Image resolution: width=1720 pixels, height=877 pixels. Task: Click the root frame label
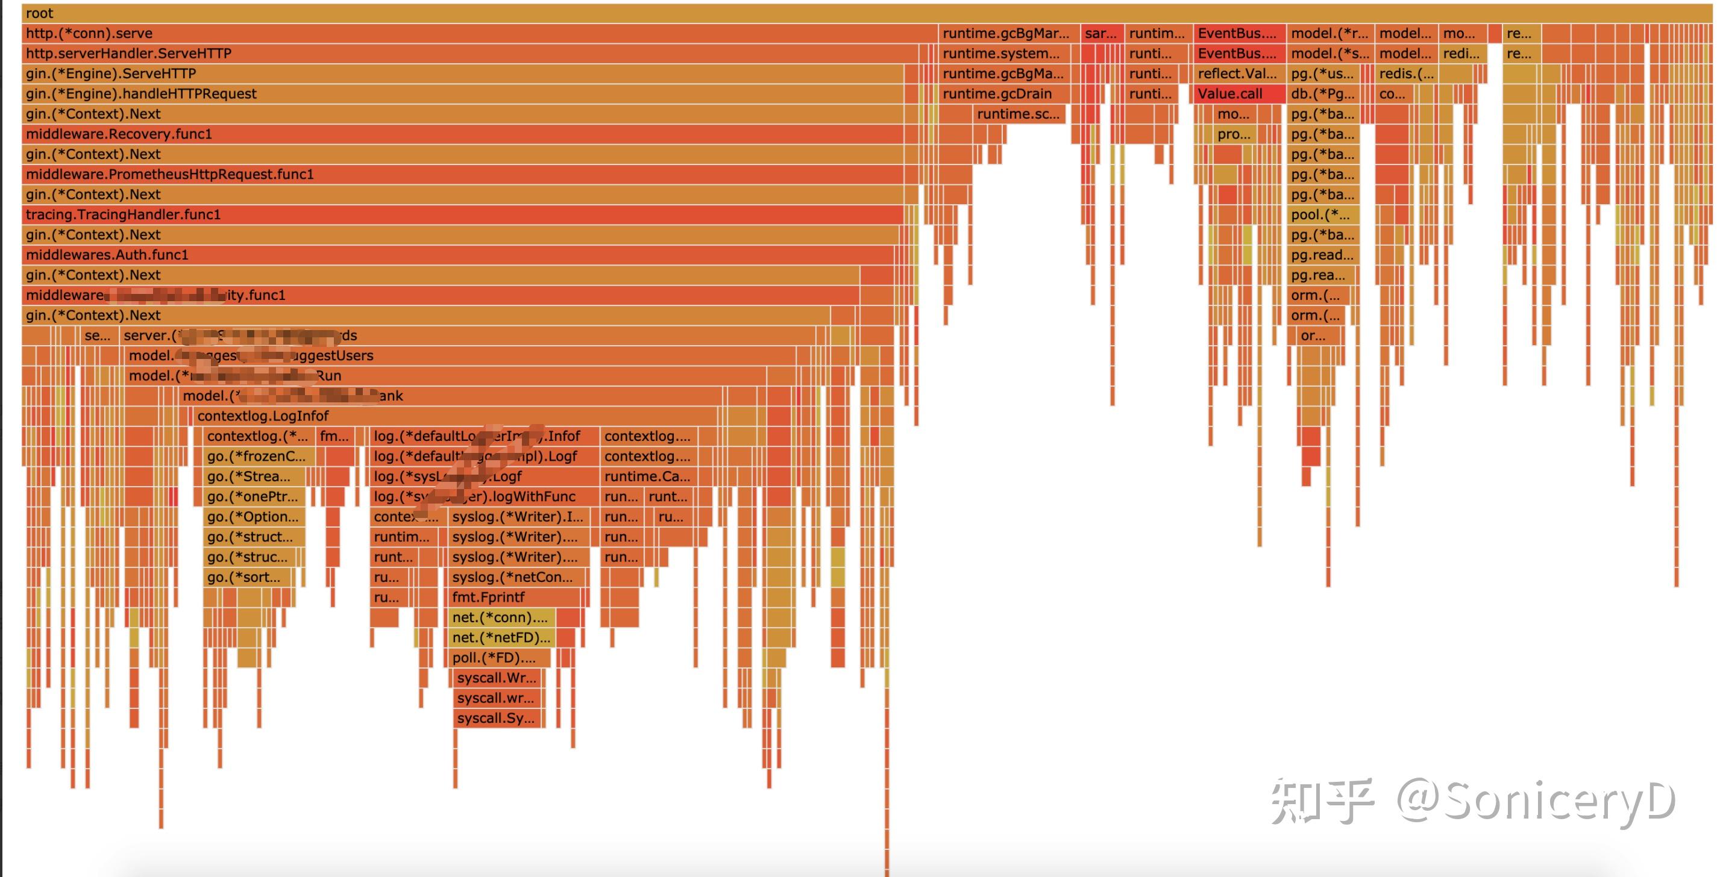(x=40, y=13)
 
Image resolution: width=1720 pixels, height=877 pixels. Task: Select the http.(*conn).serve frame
(x=89, y=33)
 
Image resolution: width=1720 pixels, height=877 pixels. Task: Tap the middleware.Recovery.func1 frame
(x=119, y=134)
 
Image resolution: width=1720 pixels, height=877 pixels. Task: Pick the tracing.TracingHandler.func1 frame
(x=123, y=215)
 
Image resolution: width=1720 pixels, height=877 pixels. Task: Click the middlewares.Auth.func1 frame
(x=107, y=255)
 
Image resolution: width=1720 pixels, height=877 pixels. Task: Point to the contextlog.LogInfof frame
(x=263, y=416)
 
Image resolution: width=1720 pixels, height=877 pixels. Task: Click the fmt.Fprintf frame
(x=489, y=598)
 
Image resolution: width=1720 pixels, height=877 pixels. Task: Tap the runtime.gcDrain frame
(x=997, y=94)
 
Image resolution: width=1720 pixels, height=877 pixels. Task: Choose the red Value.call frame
(x=1230, y=94)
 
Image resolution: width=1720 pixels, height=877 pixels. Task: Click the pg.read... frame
(x=1322, y=255)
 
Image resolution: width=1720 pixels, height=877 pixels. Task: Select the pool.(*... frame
(x=1320, y=215)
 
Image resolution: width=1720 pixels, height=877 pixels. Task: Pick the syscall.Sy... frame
(x=495, y=719)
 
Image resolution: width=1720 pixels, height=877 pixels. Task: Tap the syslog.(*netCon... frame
(x=512, y=577)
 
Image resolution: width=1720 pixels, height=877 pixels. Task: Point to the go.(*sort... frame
(x=243, y=577)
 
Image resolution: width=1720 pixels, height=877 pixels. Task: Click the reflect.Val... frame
(x=1237, y=74)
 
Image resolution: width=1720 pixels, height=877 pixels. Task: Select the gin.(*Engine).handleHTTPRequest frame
(x=141, y=94)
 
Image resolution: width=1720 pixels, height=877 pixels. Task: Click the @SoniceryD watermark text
(x=1536, y=799)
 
